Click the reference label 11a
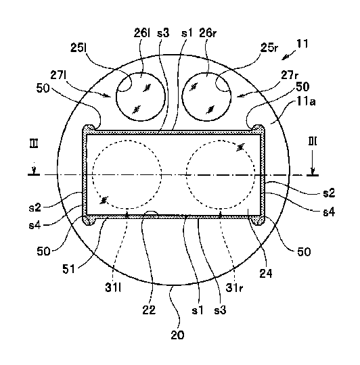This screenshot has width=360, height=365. point(306,101)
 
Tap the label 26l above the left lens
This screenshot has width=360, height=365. point(141,33)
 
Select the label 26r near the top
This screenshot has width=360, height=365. point(208,33)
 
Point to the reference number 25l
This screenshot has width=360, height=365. point(78,48)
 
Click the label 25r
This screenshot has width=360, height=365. point(269,48)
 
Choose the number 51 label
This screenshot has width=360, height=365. point(69,269)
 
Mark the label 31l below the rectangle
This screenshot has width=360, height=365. point(113,288)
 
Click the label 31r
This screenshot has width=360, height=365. point(234,288)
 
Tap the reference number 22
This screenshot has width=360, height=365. point(149,310)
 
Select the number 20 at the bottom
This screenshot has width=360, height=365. point(177,335)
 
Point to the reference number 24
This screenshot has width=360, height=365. point(266,273)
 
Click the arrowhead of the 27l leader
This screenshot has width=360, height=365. point(108,95)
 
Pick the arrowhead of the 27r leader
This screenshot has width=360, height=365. point(240,96)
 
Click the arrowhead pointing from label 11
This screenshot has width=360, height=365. point(284,57)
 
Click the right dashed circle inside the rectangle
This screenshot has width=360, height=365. point(221,141)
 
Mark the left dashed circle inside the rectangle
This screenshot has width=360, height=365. point(127,141)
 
